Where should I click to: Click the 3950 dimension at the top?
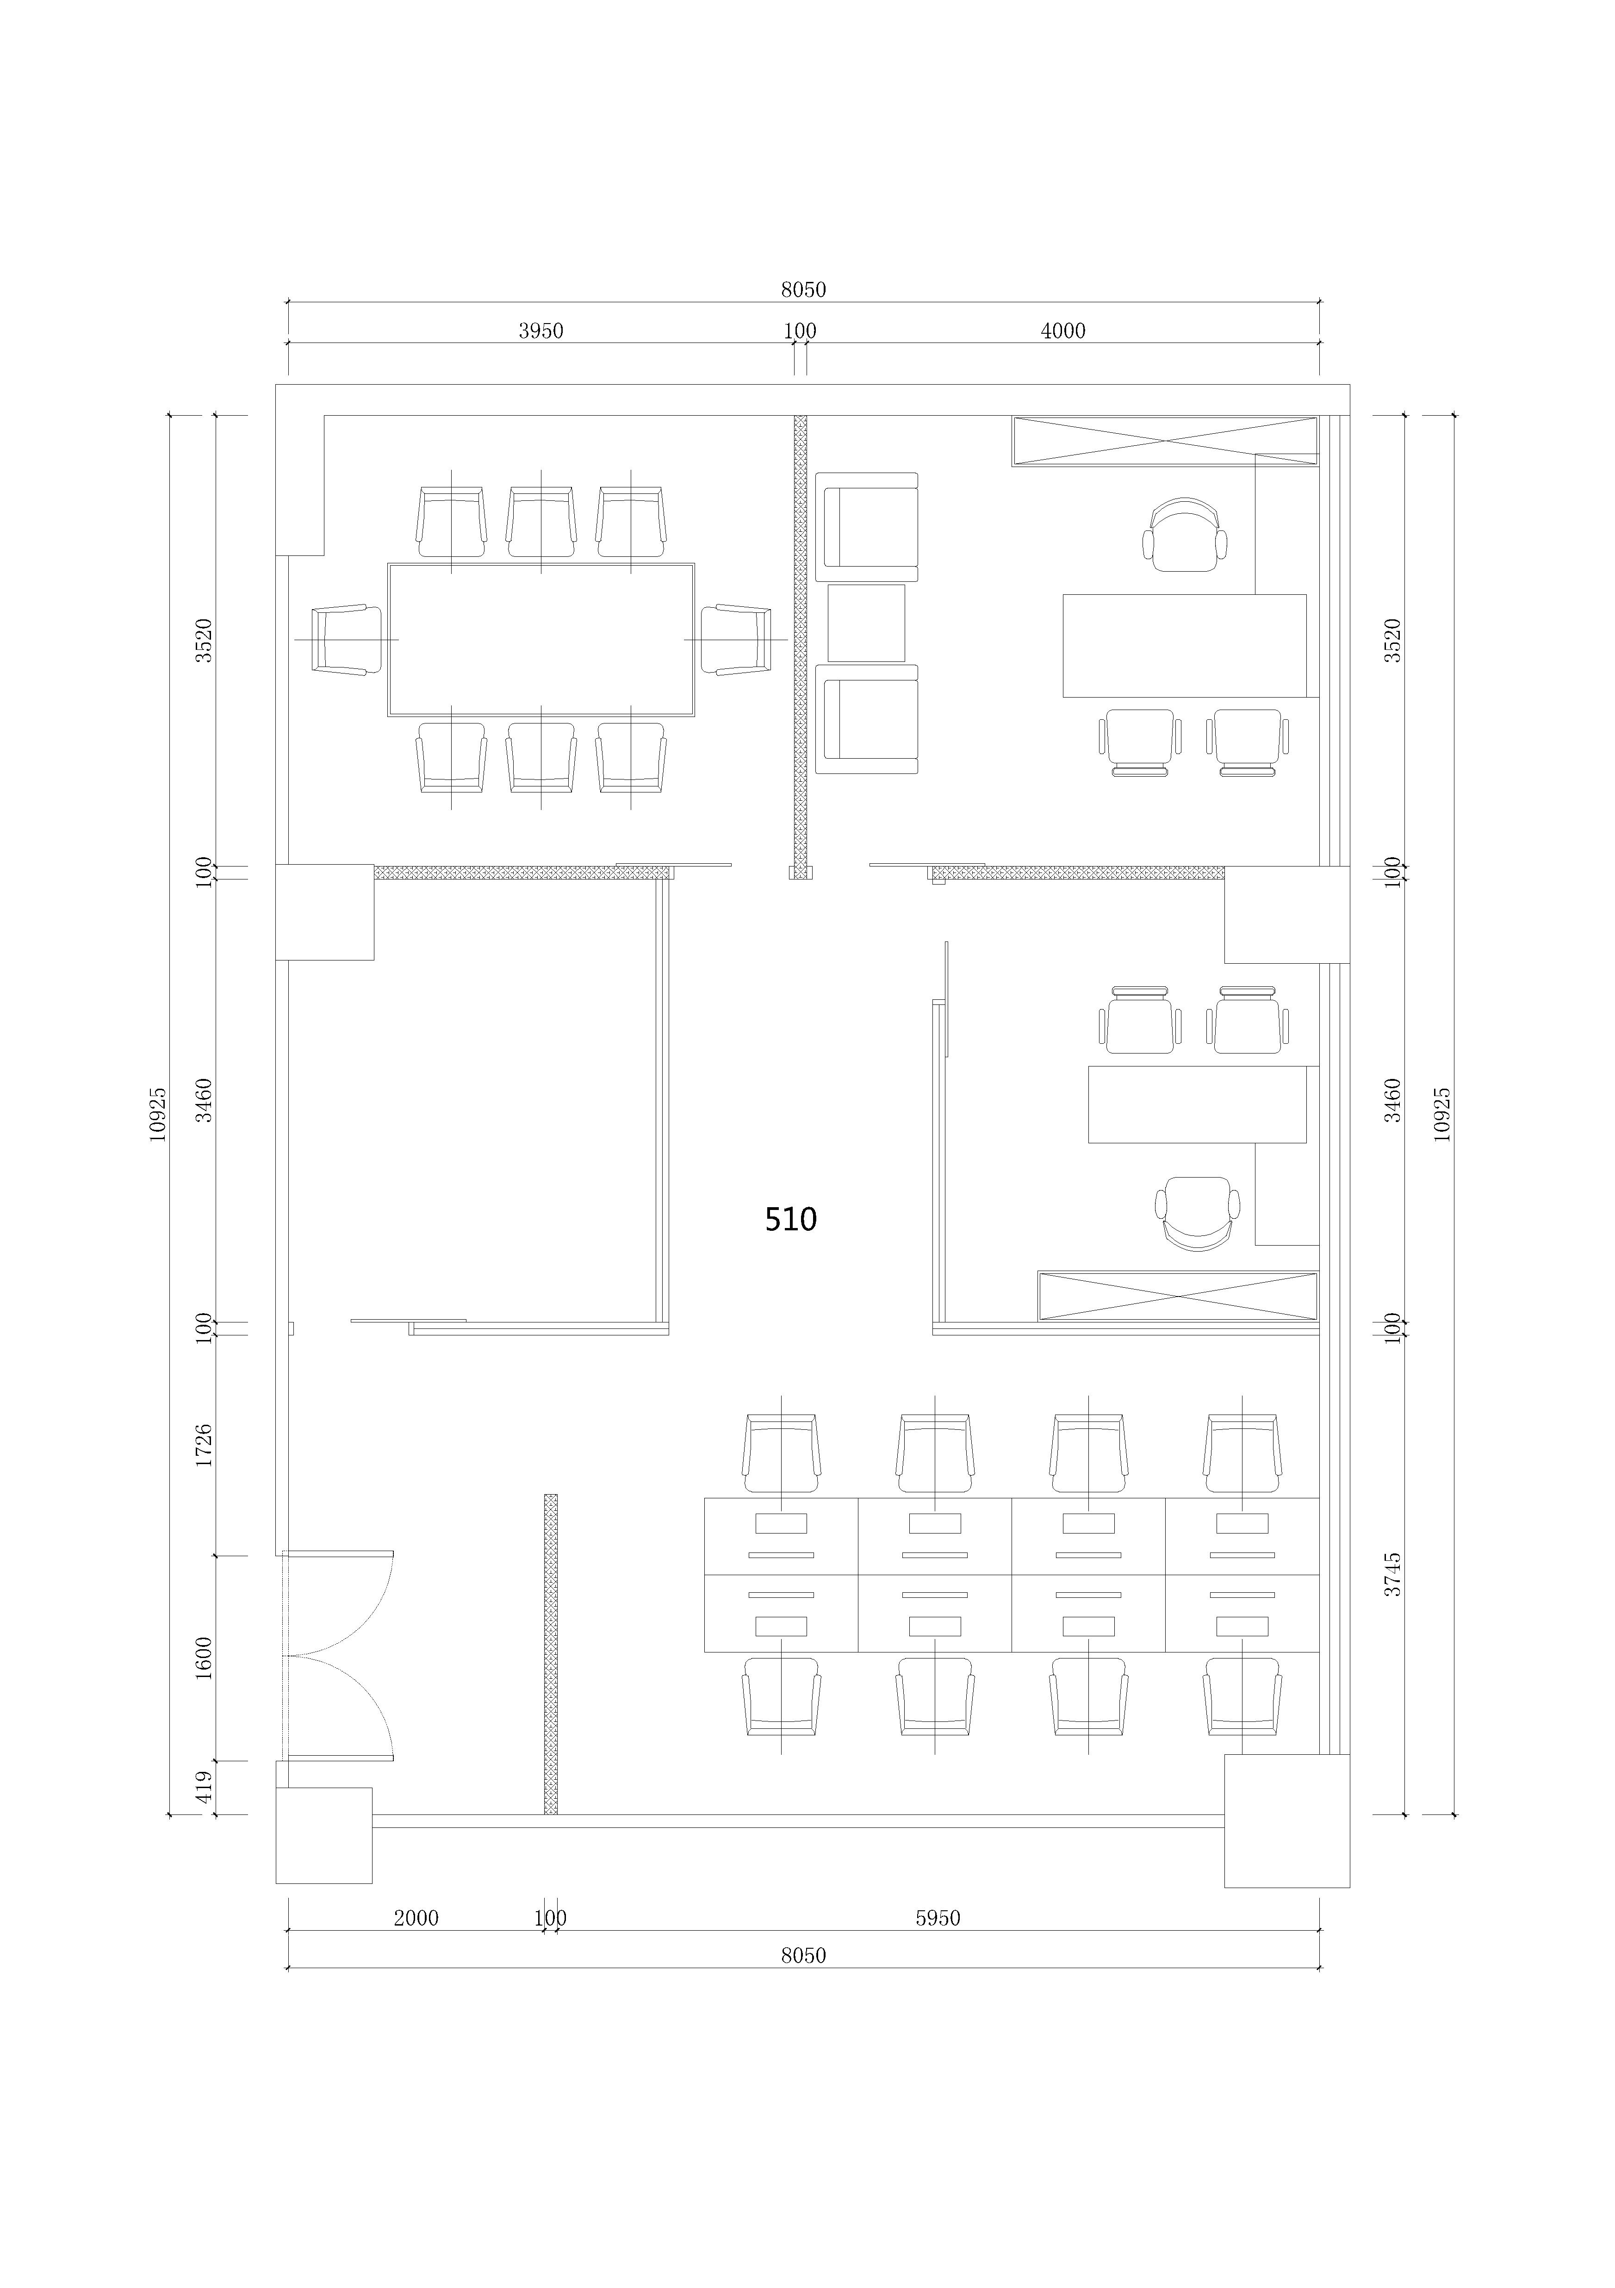click(541, 331)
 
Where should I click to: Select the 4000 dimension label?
click(1063, 331)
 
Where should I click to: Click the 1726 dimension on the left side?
click(204, 1444)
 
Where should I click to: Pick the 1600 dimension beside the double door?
click(204, 1657)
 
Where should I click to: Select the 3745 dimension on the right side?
click(1393, 1573)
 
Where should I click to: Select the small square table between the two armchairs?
click(866, 623)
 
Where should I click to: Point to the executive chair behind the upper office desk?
click(1185, 535)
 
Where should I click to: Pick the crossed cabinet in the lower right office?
click(1178, 1297)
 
